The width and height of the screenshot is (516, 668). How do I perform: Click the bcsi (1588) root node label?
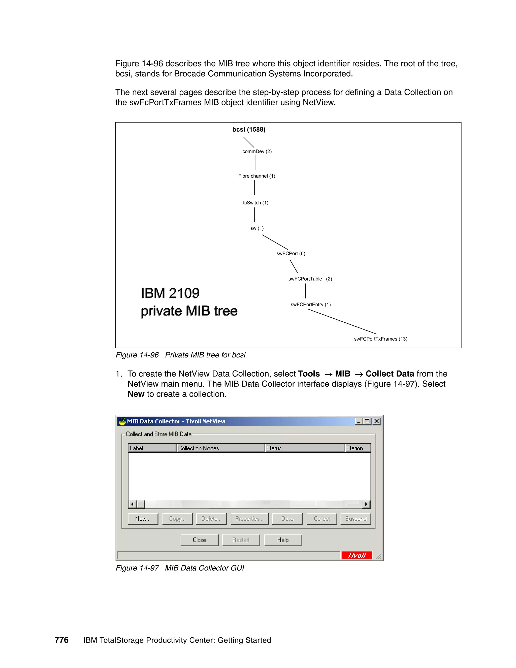point(249,129)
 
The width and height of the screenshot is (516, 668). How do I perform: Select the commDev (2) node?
point(257,151)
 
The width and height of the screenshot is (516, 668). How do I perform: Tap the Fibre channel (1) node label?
point(256,176)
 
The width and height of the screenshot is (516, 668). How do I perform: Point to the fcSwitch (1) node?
point(255,202)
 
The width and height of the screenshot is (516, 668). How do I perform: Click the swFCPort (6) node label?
point(291,253)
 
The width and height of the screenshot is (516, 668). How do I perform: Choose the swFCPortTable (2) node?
point(310,279)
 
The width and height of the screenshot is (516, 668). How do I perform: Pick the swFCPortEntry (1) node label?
point(311,304)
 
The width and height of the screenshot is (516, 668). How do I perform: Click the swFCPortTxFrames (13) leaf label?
point(381,339)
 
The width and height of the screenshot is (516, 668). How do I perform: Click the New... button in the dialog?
point(143,519)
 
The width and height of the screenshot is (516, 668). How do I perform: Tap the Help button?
point(283,540)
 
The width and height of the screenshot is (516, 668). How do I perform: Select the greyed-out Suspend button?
point(356,519)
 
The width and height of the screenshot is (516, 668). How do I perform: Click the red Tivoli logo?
point(357,555)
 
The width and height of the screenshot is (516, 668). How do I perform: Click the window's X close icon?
point(377,421)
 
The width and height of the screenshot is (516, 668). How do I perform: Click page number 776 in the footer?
point(61,640)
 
